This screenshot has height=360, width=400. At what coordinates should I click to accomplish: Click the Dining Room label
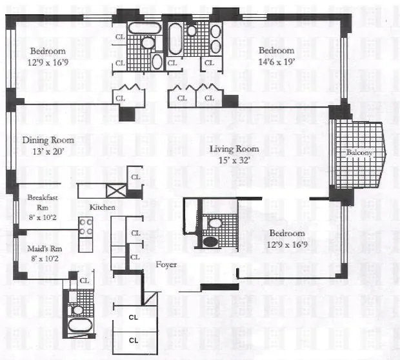click(48, 140)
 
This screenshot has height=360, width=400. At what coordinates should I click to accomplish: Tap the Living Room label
click(238, 149)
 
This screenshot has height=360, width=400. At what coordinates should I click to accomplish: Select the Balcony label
click(359, 153)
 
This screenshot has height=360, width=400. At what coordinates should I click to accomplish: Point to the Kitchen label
click(103, 207)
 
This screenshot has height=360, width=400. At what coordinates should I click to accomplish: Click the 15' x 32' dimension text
click(238, 161)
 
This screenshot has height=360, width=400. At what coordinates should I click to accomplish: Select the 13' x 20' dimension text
click(48, 152)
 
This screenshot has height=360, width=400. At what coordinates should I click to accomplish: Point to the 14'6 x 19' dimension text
click(276, 62)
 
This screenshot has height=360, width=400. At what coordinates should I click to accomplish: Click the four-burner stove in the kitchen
click(85, 226)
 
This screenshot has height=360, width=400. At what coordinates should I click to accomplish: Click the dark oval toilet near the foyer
click(211, 244)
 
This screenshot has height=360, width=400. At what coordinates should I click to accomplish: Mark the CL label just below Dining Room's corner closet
click(135, 176)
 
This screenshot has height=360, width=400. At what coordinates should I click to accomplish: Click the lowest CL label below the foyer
click(134, 339)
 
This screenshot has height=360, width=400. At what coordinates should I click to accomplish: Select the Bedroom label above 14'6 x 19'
click(276, 50)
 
